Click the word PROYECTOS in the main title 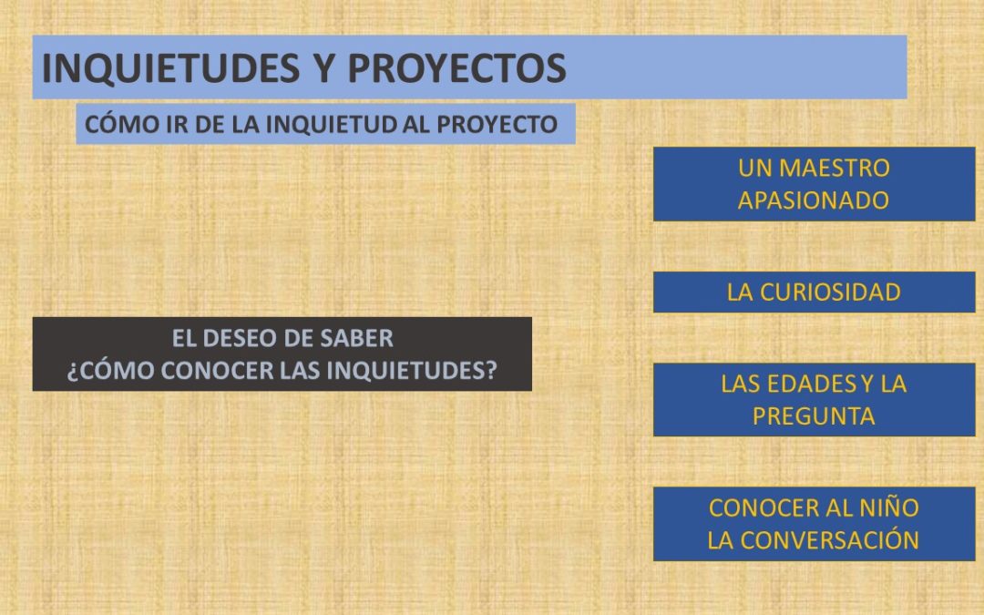point(456,67)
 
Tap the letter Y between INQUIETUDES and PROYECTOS point(324,67)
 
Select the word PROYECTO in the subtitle point(497,124)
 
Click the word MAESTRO point(835,169)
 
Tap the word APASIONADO point(814,200)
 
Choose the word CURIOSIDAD point(830,292)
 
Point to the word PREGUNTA point(814,416)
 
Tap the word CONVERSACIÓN point(830,540)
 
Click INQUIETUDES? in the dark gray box point(413,371)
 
